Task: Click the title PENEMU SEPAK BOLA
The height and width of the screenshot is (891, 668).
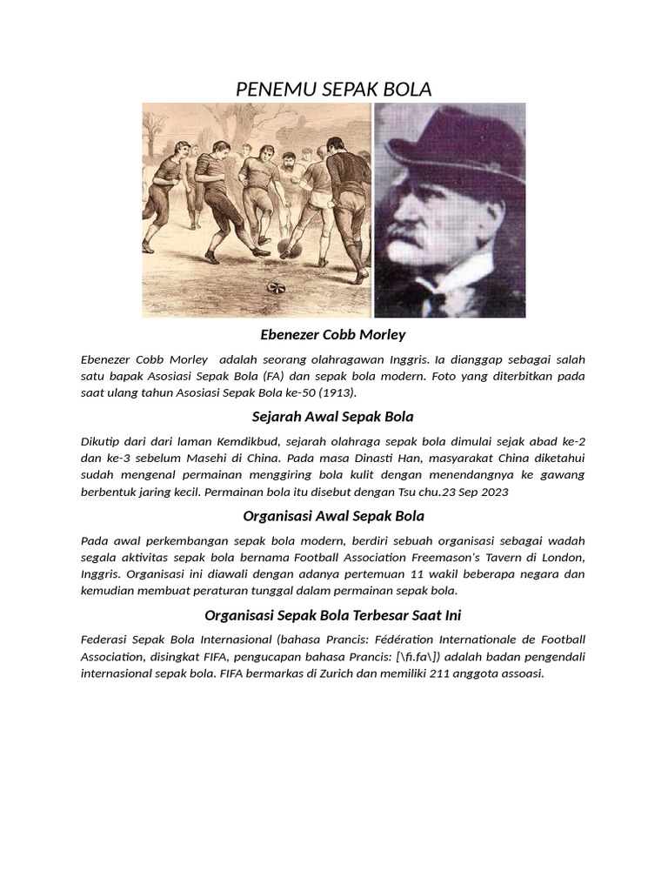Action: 334,89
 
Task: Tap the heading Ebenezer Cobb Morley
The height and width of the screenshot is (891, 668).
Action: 333,335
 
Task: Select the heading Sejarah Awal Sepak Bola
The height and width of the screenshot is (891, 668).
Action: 333,417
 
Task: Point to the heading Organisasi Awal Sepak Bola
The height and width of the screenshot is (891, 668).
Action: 333,516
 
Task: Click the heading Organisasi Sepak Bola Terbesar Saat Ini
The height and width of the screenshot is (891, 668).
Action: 333,615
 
